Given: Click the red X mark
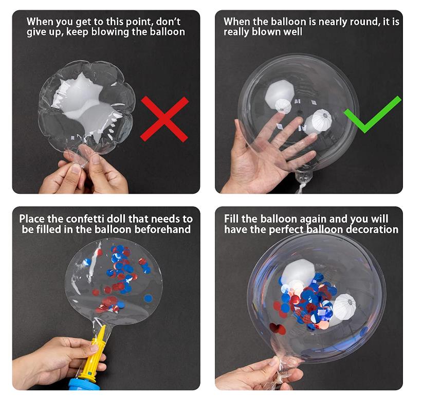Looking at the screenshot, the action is coord(164,119).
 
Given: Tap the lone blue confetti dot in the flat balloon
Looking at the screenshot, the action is coord(148,299).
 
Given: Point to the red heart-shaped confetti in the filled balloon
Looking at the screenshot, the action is coord(278,329).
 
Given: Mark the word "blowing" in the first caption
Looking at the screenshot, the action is coord(110,32).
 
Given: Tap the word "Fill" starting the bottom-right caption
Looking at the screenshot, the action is coord(231,219).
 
